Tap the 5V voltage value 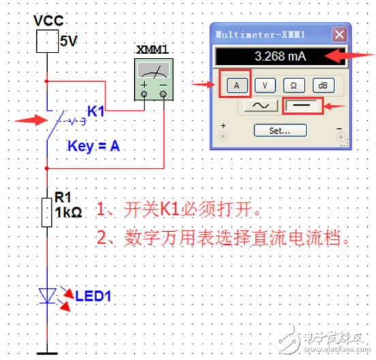(x=68, y=42)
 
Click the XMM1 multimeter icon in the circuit (x=154, y=79)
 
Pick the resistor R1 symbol (x=46, y=211)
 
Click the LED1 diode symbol (x=48, y=295)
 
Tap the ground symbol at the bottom (x=46, y=352)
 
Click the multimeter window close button (x=339, y=34)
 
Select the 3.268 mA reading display (x=272, y=57)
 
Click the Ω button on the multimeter (x=293, y=85)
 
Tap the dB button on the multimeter (x=321, y=85)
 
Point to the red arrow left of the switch (x=29, y=121)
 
